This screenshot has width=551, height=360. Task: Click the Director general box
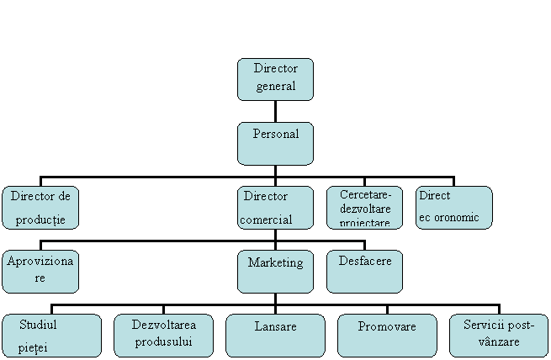[x=275, y=79]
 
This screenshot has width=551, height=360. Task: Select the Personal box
[x=275, y=144]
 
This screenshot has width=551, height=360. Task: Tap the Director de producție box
[x=40, y=208]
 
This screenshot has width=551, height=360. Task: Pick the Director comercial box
[x=275, y=208]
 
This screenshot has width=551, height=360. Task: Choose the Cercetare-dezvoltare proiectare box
[x=364, y=208]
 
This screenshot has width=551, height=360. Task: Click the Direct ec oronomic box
[x=454, y=208]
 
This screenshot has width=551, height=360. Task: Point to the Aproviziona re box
[x=40, y=271]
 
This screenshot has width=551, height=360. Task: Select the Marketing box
[x=275, y=271]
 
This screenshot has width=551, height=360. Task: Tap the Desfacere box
[x=364, y=271]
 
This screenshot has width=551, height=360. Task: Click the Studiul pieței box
[x=51, y=336]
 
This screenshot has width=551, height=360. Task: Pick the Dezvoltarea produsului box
[x=163, y=336]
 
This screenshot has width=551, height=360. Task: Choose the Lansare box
[x=275, y=336]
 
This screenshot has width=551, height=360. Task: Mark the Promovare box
[x=387, y=336]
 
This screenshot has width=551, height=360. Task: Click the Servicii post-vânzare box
[x=499, y=336]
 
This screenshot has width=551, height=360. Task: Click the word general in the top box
[x=275, y=87]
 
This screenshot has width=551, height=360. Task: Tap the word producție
[x=40, y=220]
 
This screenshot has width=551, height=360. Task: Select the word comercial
[x=266, y=220]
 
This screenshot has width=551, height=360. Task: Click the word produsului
[x=163, y=341]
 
